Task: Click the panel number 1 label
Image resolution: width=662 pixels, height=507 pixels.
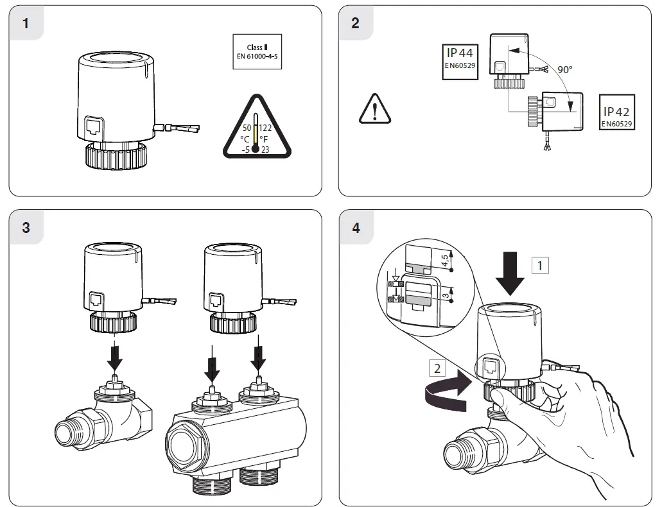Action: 26,24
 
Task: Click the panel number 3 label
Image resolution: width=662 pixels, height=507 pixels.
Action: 26,228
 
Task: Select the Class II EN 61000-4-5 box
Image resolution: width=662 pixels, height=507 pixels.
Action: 257,51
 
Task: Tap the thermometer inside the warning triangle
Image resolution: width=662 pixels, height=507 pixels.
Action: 256,133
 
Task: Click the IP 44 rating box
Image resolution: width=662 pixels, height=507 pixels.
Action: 460,62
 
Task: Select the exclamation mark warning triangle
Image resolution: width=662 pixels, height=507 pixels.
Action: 374,108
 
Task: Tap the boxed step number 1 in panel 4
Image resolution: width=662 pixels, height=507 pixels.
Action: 539,264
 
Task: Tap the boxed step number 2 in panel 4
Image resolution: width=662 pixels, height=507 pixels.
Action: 437,368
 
